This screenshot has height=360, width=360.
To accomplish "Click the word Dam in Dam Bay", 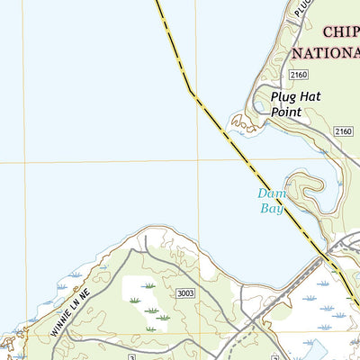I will [271, 193].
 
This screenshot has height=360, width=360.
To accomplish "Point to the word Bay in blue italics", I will [272, 208].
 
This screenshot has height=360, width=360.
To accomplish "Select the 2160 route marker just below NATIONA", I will [299, 74].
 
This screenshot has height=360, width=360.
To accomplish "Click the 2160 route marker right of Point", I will [343, 132].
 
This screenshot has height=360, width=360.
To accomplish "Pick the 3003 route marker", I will [186, 293].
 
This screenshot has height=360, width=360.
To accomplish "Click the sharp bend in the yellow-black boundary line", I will [191, 92].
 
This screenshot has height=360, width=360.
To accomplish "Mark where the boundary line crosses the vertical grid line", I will [197, 100].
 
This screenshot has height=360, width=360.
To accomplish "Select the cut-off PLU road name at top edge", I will [303, 7].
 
